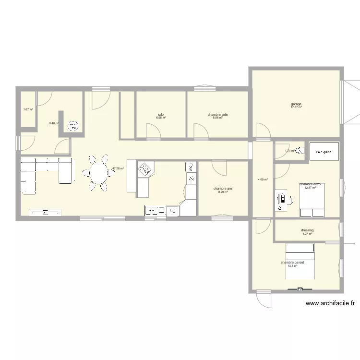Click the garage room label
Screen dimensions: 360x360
coord(296,104)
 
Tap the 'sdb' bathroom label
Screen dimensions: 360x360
coord(161,115)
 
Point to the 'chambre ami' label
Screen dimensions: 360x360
coord(223,189)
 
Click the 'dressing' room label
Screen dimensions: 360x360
coord(307,230)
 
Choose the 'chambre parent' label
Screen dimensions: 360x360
coord(292,263)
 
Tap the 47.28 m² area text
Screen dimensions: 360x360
coord(118,168)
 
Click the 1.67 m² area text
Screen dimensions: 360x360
coord(28,109)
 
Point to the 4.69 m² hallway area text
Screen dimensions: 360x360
coord(262,180)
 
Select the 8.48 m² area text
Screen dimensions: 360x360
coord(54,123)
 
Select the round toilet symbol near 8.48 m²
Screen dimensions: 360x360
coord(73,126)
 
